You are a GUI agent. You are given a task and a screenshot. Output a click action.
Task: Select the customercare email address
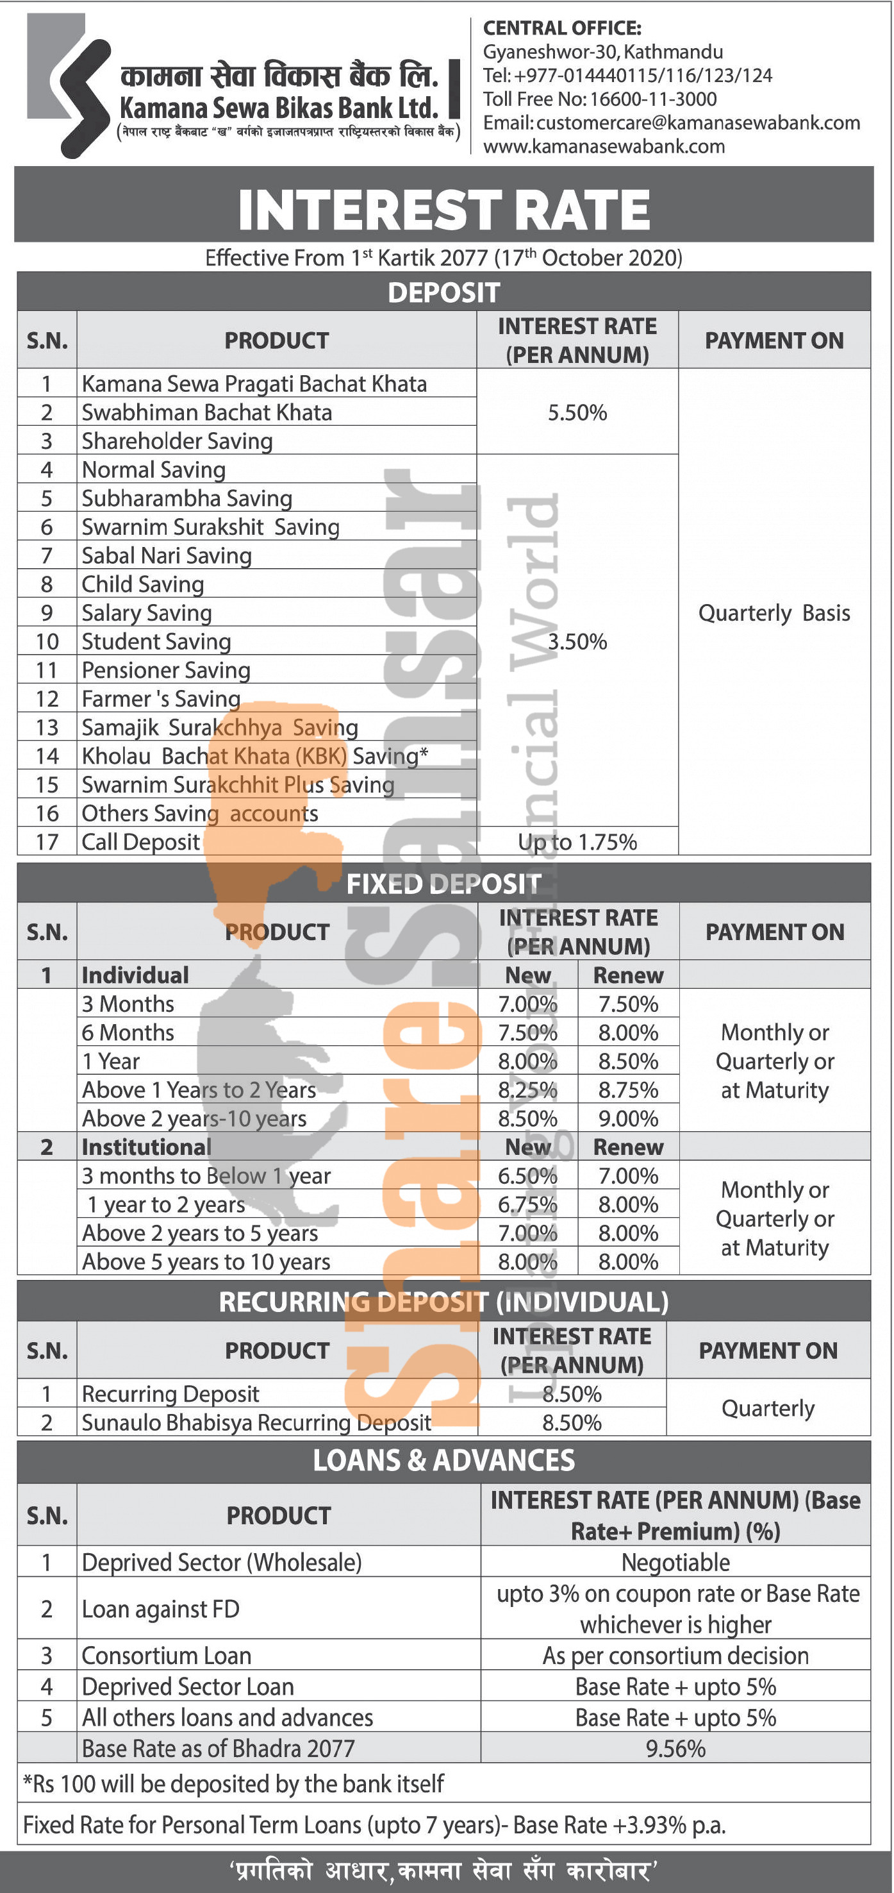pos(697,122)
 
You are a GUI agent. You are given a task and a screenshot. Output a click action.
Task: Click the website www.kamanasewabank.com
pos(604,146)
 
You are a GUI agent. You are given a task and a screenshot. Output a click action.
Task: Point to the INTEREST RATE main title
pos(443,210)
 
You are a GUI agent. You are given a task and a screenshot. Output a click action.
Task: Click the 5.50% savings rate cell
pos(577,412)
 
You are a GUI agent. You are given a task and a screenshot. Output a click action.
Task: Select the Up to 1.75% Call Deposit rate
pos(577,842)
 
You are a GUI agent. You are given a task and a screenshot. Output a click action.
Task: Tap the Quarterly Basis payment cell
pos(774,613)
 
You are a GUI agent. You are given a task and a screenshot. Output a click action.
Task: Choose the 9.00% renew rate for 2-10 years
pos(628,1118)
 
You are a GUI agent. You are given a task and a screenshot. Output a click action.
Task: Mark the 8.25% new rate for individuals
pos(527,1090)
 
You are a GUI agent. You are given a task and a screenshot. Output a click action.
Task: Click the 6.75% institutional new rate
pos(527,1204)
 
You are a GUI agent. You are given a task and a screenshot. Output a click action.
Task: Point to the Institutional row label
pos(146,1147)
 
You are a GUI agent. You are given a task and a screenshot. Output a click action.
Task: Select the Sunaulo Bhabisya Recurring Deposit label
pos(256,1423)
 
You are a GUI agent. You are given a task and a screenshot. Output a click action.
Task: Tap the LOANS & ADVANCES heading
pos(443,1460)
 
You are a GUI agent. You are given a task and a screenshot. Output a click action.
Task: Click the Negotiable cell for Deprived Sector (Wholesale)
pos(675,1561)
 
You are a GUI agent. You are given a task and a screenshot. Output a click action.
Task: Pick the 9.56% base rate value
pos(675,1748)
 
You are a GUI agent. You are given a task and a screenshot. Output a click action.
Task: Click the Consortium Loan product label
pos(167,1655)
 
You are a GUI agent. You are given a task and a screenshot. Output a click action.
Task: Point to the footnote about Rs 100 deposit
pos(234,1783)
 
